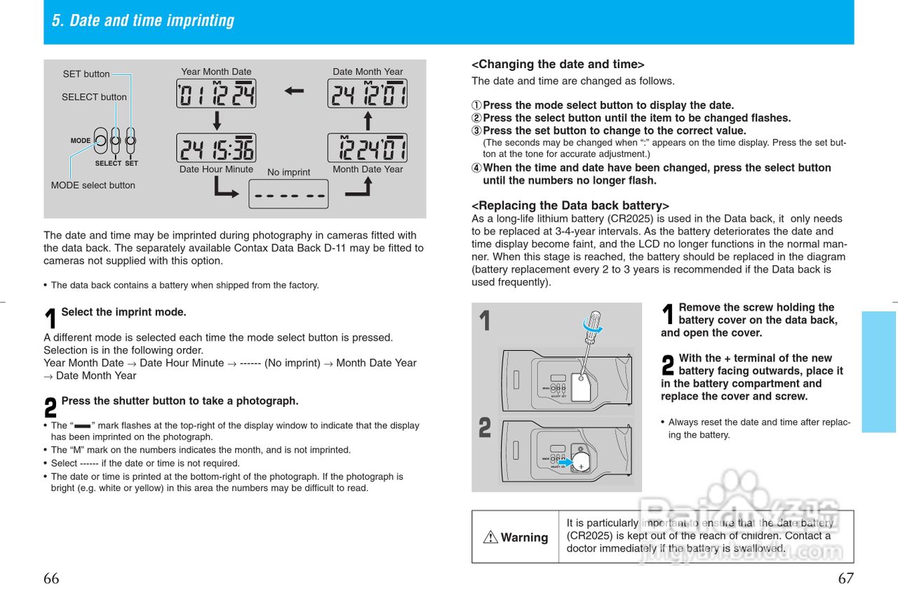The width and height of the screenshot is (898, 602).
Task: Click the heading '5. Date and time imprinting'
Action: point(143,21)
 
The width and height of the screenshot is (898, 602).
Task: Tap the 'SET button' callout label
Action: point(86,74)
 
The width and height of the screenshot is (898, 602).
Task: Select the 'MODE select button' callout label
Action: point(93,185)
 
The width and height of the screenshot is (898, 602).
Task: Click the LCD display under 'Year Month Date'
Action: point(216,94)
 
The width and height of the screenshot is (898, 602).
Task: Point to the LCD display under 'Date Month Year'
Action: point(367,94)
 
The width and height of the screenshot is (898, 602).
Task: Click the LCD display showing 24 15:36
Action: point(216,148)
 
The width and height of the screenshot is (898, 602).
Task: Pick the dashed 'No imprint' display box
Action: point(288,194)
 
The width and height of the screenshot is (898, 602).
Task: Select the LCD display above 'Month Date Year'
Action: point(367,148)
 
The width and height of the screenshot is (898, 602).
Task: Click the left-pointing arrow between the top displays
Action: point(294,91)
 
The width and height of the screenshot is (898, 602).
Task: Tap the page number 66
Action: point(51,579)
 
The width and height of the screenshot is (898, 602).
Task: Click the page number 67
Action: point(846,579)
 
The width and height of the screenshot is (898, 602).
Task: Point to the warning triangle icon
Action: point(490,537)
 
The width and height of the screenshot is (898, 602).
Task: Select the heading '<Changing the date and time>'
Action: point(558,65)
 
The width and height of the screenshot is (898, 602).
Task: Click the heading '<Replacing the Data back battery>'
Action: point(570,206)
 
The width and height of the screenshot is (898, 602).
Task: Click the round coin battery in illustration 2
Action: point(582,462)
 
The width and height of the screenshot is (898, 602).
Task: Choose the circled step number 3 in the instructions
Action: point(477,131)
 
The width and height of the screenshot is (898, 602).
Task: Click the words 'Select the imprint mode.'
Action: point(123,312)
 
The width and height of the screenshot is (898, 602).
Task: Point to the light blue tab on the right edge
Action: point(879,371)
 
